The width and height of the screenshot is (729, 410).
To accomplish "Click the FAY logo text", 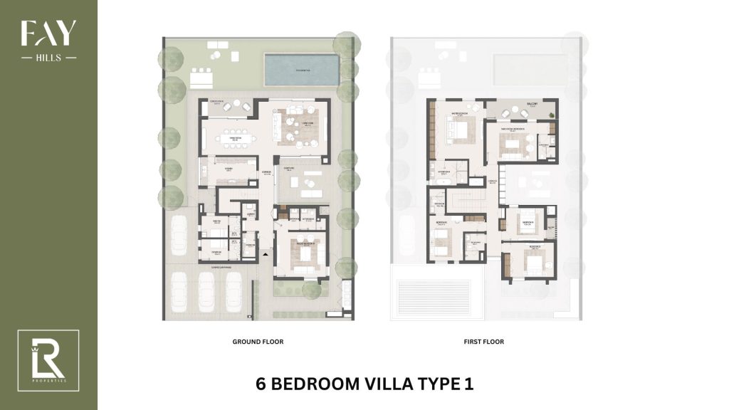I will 48,34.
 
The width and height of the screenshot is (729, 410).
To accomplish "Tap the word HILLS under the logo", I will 48,58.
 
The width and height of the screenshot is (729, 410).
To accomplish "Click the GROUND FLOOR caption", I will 258,342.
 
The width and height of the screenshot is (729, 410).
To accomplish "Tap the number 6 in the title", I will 261,384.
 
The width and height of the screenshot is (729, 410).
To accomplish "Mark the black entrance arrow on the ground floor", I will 266,253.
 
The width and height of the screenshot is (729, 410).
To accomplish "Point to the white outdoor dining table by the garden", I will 201,75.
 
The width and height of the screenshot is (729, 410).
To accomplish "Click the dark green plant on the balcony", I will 550,113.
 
